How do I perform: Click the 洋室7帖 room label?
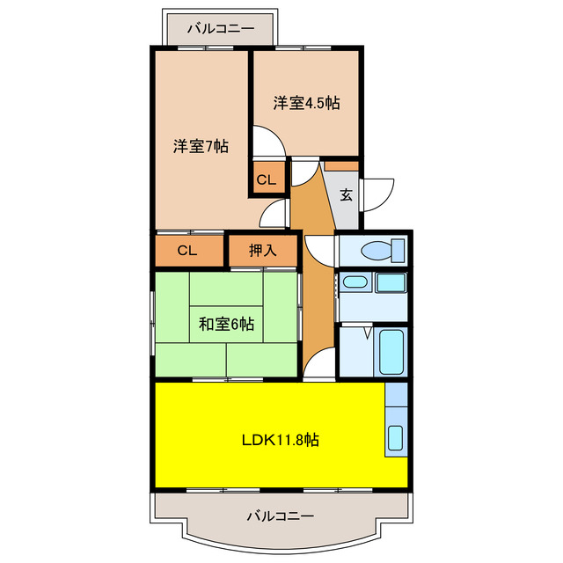(x=201, y=147)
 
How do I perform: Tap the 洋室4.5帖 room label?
(x=305, y=103)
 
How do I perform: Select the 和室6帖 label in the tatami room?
(x=226, y=325)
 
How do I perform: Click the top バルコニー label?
(x=221, y=28)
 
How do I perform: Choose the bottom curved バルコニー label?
(x=281, y=515)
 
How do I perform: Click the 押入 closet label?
(x=262, y=251)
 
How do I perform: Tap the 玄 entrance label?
(x=347, y=194)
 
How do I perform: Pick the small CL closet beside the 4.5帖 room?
(x=267, y=180)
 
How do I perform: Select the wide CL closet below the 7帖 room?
(x=187, y=251)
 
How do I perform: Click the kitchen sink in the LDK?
(x=395, y=438)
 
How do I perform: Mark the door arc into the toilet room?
(x=318, y=249)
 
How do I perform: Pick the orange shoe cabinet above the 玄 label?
(x=341, y=165)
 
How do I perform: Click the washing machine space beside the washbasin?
(x=391, y=283)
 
